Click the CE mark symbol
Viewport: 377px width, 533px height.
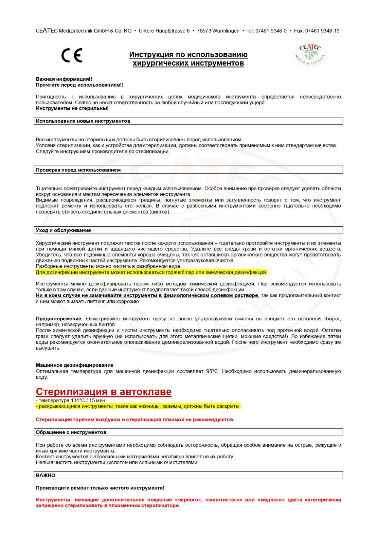coord(72,55)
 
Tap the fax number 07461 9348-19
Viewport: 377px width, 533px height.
coord(322,31)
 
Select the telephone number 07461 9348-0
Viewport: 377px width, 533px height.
coord(271,31)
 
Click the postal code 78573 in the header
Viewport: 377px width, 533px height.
coord(204,31)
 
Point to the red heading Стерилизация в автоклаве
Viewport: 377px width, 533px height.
coord(104,392)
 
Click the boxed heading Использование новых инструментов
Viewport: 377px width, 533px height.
coord(83,121)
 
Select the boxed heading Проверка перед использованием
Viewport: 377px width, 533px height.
coord(78,170)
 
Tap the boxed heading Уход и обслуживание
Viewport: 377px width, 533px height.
coord(64,230)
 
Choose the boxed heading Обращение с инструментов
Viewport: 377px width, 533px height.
coord(71,432)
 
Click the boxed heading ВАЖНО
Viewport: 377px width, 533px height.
coord(46,475)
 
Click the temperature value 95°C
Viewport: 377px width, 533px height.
coord(212,371)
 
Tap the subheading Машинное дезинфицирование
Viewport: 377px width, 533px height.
coord(75,365)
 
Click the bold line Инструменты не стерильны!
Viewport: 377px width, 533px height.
coord(72,108)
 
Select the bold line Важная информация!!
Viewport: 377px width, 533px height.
coord(64,79)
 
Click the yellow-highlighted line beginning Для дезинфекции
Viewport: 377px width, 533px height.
coord(151,272)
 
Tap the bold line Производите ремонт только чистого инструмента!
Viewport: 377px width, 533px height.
coord(100,488)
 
